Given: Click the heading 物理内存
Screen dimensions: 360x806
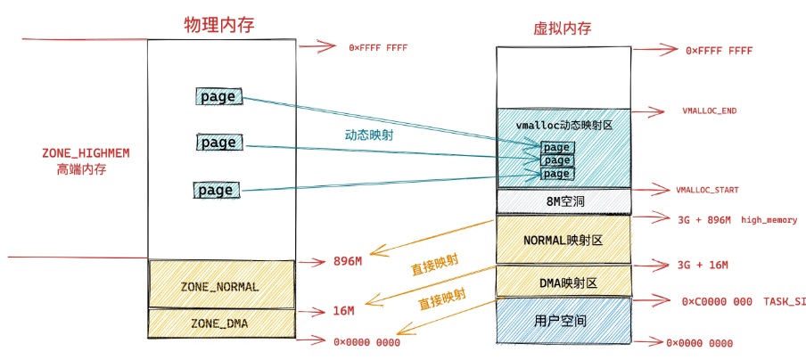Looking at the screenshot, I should coord(218,25).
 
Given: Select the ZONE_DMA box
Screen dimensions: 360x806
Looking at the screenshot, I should coord(221,323).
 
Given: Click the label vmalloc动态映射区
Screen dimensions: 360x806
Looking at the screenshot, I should coord(563,126).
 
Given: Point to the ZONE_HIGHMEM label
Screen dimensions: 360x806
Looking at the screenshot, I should coord(86,153).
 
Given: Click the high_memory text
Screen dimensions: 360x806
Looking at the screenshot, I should coord(769,219).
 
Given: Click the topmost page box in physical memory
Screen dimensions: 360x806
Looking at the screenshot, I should coord(218,97).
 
